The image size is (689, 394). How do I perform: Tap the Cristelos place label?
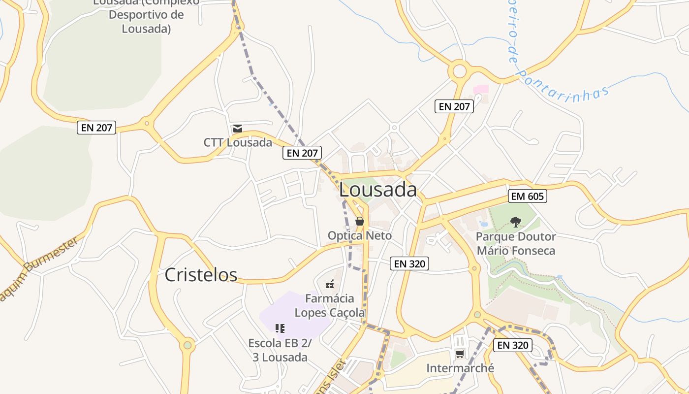pyautogui.click(x=201, y=275)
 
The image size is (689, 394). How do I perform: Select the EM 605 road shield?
pyautogui.click(x=528, y=197)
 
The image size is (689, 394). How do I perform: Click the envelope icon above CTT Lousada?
pyautogui.click(x=238, y=129)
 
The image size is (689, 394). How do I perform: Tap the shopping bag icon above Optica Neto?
pyautogui.click(x=360, y=221)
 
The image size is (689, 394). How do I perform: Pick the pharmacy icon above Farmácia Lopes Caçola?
pyautogui.click(x=330, y=284)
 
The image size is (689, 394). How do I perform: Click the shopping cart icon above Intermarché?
pyautogui.click(x=460, y=354)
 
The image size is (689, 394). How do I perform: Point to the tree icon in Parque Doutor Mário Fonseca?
pyautogui.click(x=515, y=222)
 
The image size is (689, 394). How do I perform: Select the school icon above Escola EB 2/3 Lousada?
pyautogui.click(x=280, y=328)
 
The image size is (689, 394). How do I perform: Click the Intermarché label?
pyautogui.click(x=460, y=368)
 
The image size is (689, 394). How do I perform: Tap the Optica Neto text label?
pyautogui.click(x=360, y=236)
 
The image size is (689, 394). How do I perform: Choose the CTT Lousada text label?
pyautogui.click(x=238, y=143)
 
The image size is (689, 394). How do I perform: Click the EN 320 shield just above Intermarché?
pyautogui.click(x=512, y=345)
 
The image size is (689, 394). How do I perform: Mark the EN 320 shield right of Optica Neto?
pyautogui.click(x=410, y=263)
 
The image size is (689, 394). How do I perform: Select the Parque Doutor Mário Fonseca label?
pyautogui.click(x=516, y=244)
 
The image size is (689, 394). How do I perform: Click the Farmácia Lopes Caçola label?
pyautogui.click(x=330, y=305)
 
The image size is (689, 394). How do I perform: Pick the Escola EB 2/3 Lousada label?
pyautogui.click(x=280, y=350)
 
